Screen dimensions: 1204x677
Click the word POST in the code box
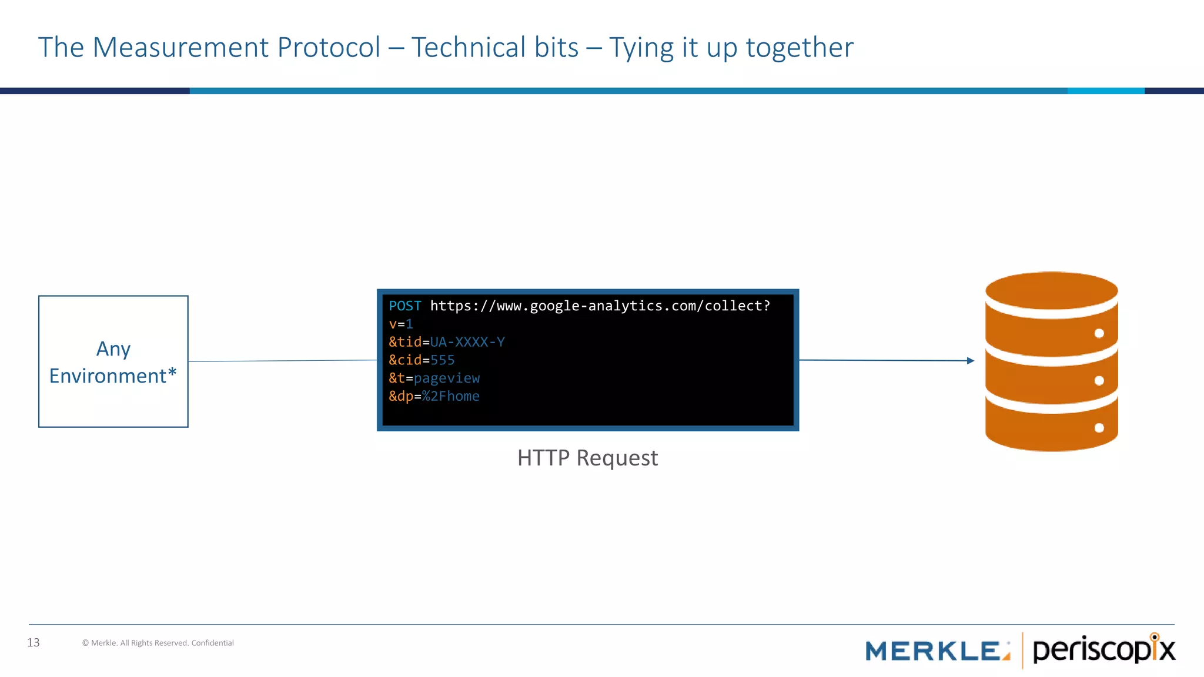point(404,306)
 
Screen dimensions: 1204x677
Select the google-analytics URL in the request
point(600,306)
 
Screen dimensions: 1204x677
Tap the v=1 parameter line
point(401,324)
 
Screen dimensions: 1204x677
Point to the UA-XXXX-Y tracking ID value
point(467,343)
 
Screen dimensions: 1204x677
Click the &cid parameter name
point(405,360)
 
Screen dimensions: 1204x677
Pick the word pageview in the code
point(447,378)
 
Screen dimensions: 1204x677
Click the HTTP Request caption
point(587,458)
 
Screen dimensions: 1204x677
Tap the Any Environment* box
point(113,361)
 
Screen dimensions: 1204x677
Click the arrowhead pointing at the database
point(970,361)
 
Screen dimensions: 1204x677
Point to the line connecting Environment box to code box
point(282,361)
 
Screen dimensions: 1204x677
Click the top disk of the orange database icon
point(1051,291)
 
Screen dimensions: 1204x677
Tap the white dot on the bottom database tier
point(1099,428)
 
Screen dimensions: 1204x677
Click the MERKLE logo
point(937,651)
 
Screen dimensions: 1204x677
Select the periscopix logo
point(1103,650)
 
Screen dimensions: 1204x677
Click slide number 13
point(34,643)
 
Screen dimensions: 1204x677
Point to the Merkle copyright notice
point(158,643)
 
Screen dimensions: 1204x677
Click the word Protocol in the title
point(329,48)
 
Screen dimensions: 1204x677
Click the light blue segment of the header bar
point(1105,91)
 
